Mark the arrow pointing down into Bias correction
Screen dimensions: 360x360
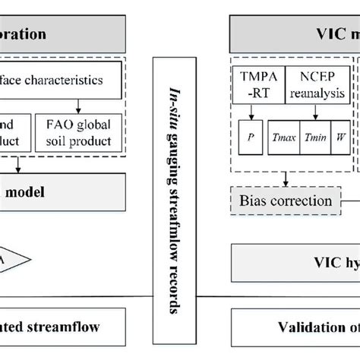point(283,179)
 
